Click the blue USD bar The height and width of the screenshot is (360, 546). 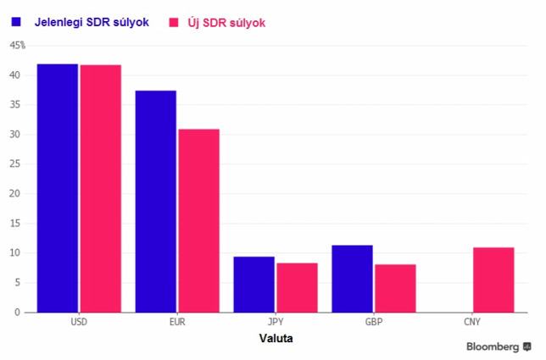(x=58, y=188)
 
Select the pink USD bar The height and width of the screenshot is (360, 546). (x=101, y=189)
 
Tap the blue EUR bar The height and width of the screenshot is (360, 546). (x=156, y=202)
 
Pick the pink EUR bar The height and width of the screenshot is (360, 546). (x=199, y=221)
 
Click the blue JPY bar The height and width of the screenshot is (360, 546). (x=253, y=285)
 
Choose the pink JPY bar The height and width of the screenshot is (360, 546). (x=297, y=288)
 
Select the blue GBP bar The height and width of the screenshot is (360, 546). (x=352, y=279)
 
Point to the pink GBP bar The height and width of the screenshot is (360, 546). (x=395, y=289)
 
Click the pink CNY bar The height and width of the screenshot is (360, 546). (x=493, y=280)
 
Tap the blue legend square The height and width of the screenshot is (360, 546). (x=16, y=22)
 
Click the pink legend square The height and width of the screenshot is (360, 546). (x=174, y=23)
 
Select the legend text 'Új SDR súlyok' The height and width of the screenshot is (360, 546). (x=226, y=23)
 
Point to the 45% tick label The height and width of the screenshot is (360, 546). (x=18, y=45)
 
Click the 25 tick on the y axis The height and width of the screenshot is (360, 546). (x=15, y=163)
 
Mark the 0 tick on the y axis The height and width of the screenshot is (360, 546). (x=17, y=313)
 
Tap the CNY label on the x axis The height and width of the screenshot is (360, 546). (x=472, y=322)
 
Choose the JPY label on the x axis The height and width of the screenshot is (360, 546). (x=276, y=322)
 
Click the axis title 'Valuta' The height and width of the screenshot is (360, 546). (x=276, y=339)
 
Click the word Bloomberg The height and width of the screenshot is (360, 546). (x=493, y=346)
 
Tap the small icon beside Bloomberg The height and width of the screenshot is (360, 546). (x=526, y=346)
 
